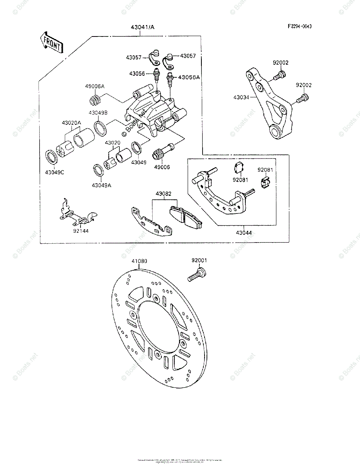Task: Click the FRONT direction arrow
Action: [51, 42]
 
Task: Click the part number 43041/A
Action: [143, 27]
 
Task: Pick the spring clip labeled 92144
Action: [77, 214]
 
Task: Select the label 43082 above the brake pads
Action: [163, 194]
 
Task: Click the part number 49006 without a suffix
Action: [162, 167]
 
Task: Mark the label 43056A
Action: [189, 77]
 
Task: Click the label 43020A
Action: [71, 123]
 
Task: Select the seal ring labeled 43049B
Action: [100, 128]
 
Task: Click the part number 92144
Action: [80, 231]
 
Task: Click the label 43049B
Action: [96, 113]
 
